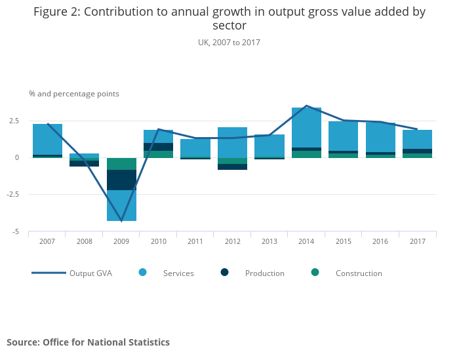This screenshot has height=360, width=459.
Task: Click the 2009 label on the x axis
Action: click(x=121, y=241)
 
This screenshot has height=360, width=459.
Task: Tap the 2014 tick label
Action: click(x=306, y=241)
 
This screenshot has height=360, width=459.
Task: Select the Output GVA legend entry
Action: click(x=72, y=273)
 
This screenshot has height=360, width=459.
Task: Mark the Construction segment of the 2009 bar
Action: click(x=121, y=164)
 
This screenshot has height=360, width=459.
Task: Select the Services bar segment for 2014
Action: click(x=306, y=128)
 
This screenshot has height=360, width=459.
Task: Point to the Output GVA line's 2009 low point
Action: click(x=121, y=220)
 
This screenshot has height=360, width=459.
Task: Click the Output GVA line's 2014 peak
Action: click(x=306, y=106)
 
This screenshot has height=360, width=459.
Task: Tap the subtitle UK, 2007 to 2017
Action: click(x=229, y=42)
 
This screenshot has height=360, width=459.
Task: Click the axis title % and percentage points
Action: click(x=74, y=94)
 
